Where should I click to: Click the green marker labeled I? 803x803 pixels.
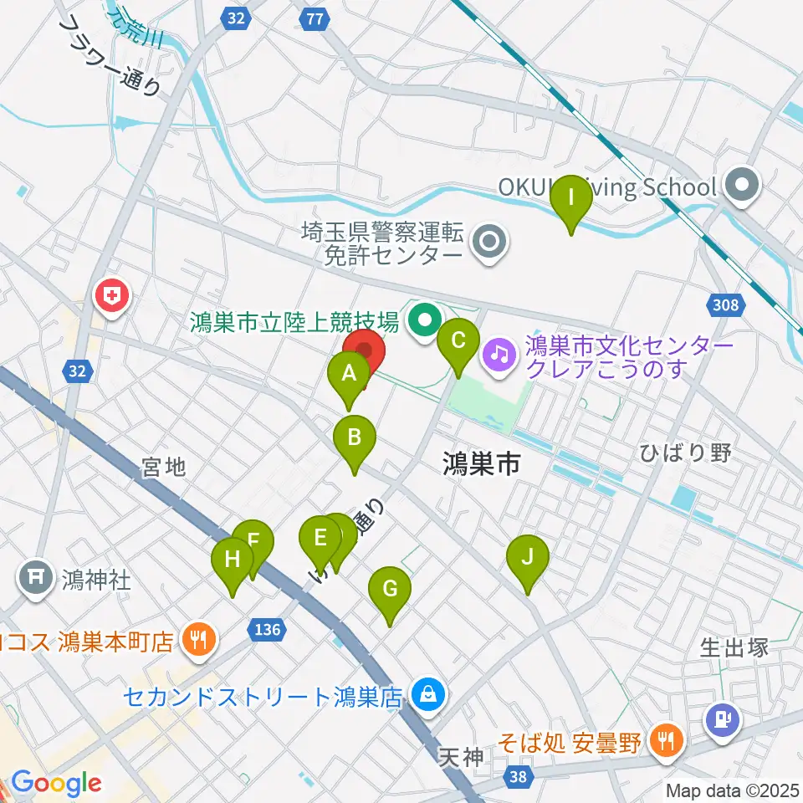571,199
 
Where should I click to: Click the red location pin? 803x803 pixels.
364,351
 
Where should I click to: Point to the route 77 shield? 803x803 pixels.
315,18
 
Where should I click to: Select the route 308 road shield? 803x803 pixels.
726,304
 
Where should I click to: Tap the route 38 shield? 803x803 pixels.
519,778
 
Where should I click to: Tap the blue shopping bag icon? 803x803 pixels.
427,694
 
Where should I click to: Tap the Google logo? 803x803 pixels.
56,784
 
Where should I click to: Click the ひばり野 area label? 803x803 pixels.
685,453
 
